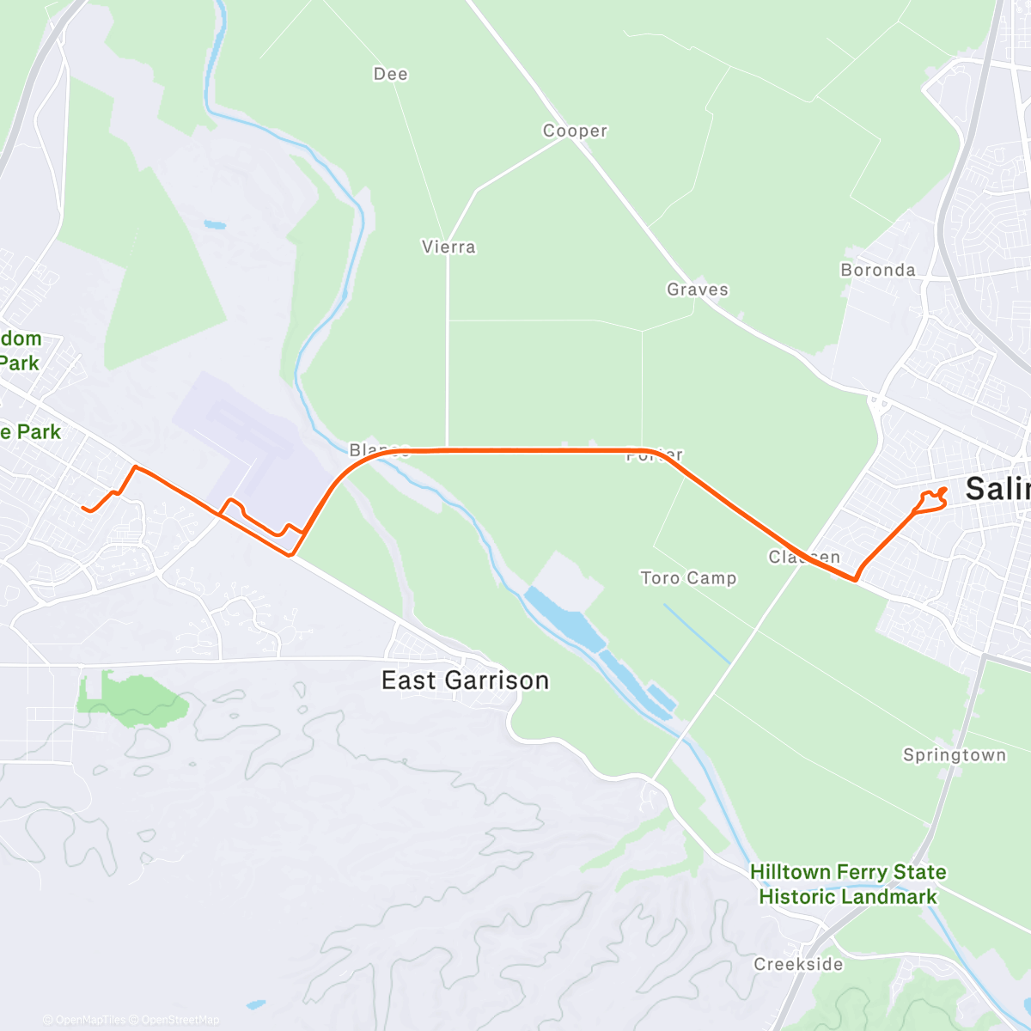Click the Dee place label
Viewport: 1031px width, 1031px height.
(391, 75)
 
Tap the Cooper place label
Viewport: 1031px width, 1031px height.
(575, 131)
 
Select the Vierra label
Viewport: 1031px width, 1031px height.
(448, 247)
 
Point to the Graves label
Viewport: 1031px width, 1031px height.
(698, 290)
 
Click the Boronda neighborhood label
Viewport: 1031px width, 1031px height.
(878, 270)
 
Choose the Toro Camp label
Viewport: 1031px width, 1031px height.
(688, 578)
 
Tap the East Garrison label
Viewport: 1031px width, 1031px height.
(465, 680)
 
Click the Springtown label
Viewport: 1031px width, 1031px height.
(955, 755)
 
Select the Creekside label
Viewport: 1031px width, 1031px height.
(798, 964)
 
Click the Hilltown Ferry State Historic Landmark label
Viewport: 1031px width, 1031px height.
(848, 884)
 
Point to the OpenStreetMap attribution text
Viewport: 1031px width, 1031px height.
(180, 1021)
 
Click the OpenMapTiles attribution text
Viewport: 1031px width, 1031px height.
(88, 1021)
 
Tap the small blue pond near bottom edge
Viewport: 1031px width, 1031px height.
(254, 1004)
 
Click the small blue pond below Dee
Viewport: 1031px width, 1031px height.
(215, 226)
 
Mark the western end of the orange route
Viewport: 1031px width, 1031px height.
(84, 509)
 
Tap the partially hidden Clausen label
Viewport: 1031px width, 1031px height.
(804, 557)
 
